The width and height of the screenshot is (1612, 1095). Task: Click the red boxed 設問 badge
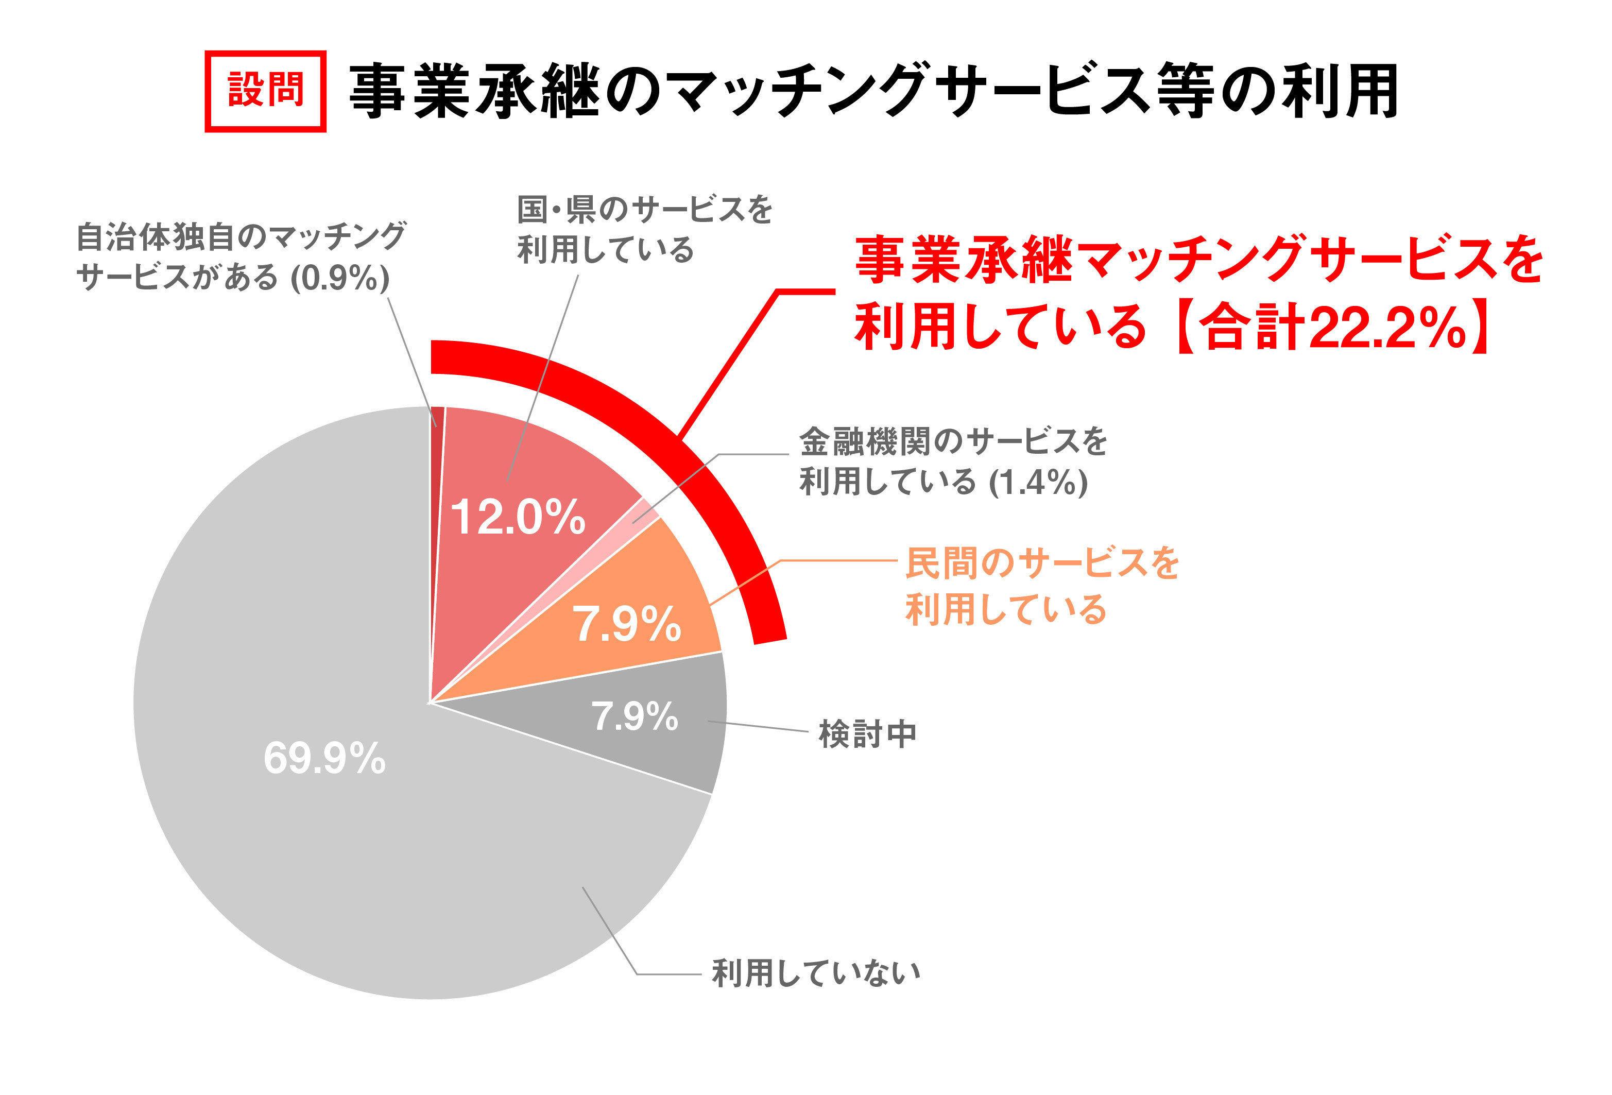265,91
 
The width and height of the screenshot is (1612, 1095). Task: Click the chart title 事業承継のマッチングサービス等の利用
872,91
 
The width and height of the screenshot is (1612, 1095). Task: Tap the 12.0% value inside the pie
518,517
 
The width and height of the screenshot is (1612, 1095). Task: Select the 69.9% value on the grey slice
324,758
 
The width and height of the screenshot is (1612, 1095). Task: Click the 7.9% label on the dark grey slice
634,716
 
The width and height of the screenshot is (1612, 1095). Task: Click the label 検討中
867,734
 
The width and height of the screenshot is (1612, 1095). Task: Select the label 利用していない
816,973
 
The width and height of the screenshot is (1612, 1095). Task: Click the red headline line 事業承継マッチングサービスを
1198,260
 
